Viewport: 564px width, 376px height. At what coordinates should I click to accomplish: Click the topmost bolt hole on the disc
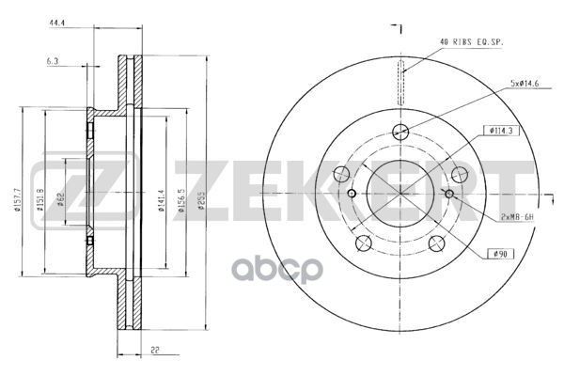click(400, 133)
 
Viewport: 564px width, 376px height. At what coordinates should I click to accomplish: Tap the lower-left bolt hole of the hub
click(364, 244)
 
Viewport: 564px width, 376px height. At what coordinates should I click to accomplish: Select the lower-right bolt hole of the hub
click(436, 244)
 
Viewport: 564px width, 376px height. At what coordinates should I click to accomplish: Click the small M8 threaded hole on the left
click(352, 194)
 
